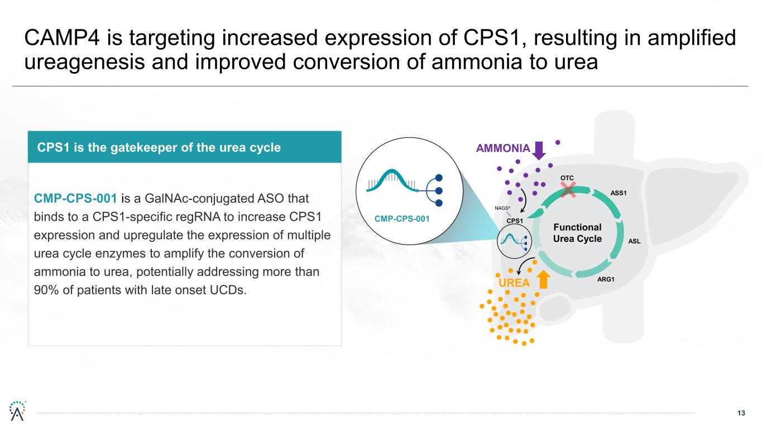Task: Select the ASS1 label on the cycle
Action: [618, 193]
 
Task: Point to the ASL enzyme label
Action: [634, 241]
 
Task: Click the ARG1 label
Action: [606, 279]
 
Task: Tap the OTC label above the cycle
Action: [567, 178]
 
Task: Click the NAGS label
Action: [504, 209]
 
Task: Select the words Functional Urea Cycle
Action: [577, 233]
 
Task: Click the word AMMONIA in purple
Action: [502, 149]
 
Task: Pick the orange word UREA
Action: [514, 283]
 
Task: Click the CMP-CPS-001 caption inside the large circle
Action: [406, 218]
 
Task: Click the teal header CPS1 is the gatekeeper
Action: [159, 147]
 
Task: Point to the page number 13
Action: [741, 413]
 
